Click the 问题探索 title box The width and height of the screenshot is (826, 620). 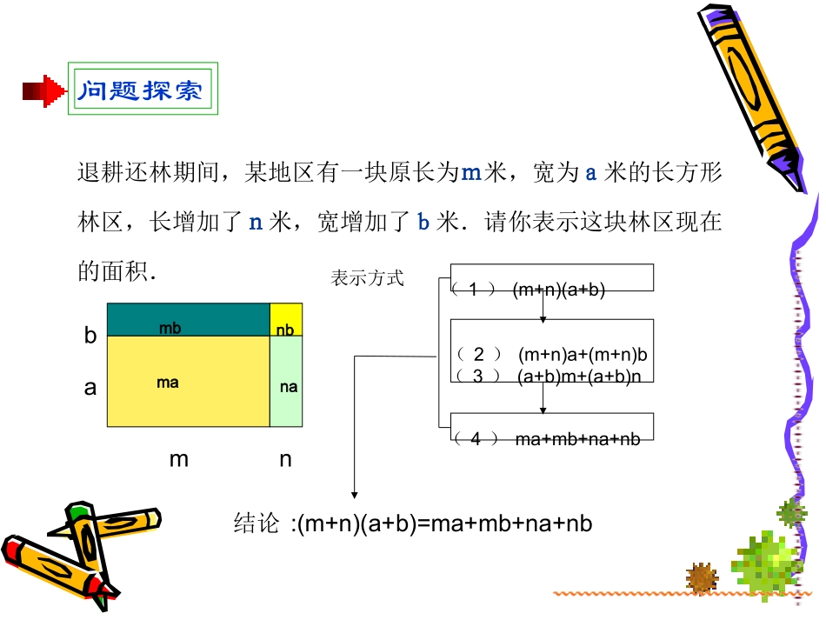point(143,89)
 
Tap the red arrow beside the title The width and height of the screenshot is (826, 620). point(44,90)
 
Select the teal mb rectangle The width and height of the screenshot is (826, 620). point(188,319)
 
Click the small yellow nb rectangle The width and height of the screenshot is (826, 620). point(286,319)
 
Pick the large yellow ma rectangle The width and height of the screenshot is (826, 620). point(188,382)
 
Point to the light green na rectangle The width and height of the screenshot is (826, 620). point(287,382)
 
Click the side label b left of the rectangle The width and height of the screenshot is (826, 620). point(90,336)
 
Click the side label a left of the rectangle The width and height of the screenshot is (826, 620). point(90,388)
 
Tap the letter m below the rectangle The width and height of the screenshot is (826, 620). point(178,459)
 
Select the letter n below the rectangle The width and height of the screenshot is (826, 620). point(285,459)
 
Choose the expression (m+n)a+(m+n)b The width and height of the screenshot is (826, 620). point(583,355)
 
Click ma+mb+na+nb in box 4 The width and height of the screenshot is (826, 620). point(577,439)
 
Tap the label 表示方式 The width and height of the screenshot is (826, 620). point(368,279)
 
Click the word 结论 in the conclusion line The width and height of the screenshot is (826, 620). point(257,523)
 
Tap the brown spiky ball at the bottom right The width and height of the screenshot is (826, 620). point(702,577)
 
